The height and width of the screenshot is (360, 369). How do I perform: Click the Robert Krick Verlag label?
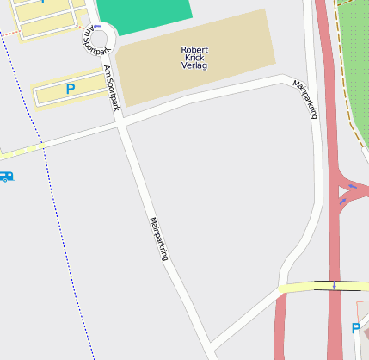point(194,57)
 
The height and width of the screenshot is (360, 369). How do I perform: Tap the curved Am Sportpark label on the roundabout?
point(88,34)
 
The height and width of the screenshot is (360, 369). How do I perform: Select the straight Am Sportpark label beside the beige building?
point(110,88)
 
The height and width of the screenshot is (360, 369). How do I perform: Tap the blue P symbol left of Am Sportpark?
point(71,88)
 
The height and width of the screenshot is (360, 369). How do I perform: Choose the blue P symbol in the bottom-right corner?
point(356,328)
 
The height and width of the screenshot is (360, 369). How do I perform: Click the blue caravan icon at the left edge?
point(6,177)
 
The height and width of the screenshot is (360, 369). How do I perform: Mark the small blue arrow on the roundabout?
point(97,26)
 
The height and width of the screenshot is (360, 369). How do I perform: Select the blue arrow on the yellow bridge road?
point(334,285)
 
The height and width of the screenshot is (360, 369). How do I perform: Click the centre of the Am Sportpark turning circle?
point(99,39)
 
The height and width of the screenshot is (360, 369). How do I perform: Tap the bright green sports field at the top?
point(144,15)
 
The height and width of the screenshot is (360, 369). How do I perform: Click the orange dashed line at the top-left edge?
point(9,34)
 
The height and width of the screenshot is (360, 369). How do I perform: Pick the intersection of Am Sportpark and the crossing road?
point(120,124)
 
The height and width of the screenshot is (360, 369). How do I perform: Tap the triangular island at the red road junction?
point(347,190)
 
